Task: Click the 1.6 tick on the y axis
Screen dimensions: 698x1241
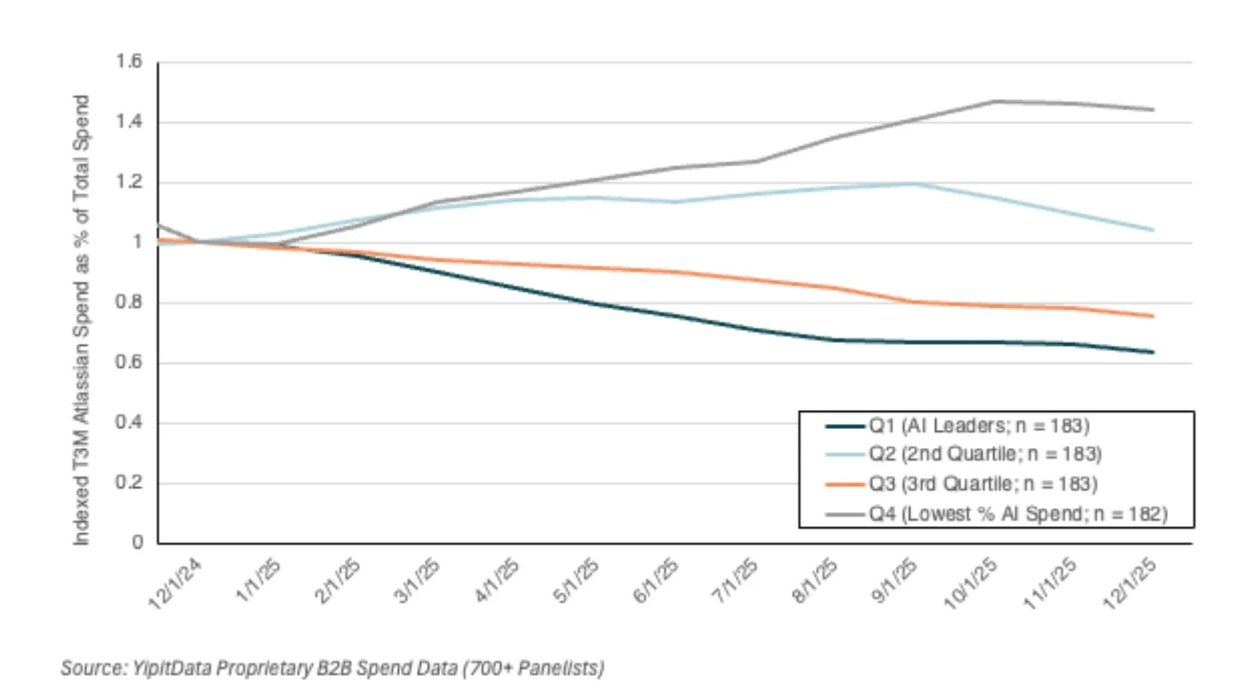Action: [128, 62]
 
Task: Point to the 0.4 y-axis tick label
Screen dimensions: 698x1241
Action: [128, 423]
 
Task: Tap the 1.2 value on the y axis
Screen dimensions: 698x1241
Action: [128, 182]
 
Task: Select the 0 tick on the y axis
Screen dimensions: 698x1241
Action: [137, 543]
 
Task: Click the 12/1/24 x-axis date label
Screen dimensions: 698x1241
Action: [175, 584]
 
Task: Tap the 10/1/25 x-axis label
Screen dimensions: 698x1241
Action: [971, 584]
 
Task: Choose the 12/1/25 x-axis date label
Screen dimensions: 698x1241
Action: [1130, 584]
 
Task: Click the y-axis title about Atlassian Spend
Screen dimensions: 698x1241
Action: [81, 320]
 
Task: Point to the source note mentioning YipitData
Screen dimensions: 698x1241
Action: [332, 668]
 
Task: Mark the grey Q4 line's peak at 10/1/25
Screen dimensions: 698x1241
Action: [994, 101]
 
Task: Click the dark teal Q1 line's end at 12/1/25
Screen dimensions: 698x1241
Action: [1153, 352]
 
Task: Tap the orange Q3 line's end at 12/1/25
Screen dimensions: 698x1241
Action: [1153, 316]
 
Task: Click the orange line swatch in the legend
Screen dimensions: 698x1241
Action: [845, 484]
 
